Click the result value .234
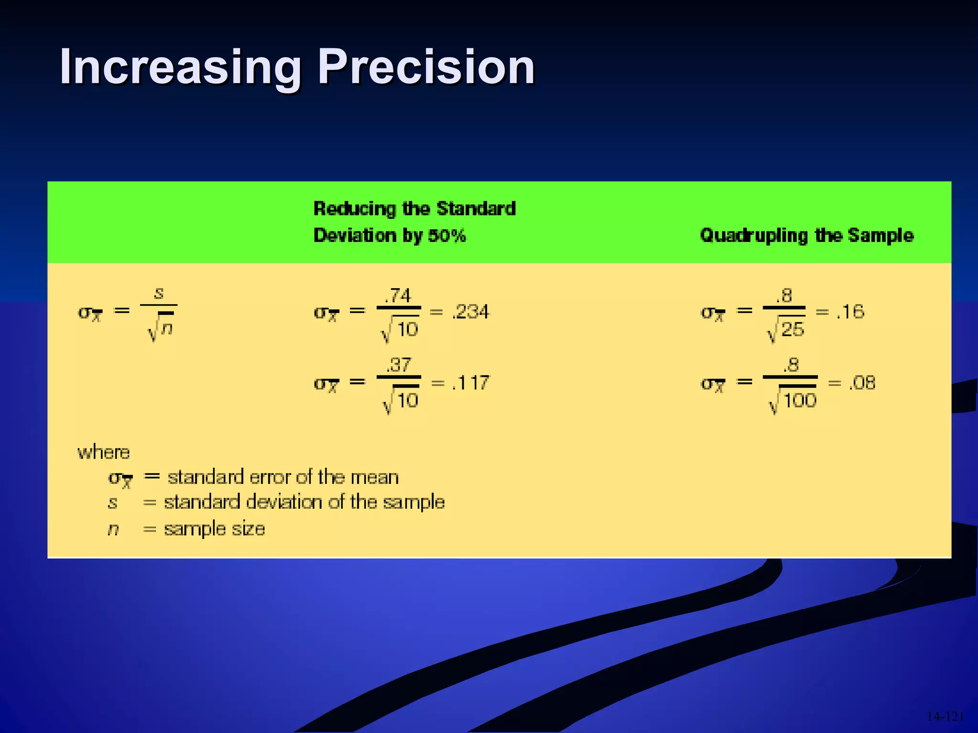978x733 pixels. (471, 312)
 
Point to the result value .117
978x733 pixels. (471, 383)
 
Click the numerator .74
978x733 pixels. (398, 295)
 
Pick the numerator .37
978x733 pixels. (399, 365)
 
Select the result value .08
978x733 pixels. (862, 383)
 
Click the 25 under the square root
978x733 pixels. (793, 330)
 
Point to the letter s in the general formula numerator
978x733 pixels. (159, 293)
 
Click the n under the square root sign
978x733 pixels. (166, 328)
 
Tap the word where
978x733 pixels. (104, 452)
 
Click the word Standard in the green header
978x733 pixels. (476, 209)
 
